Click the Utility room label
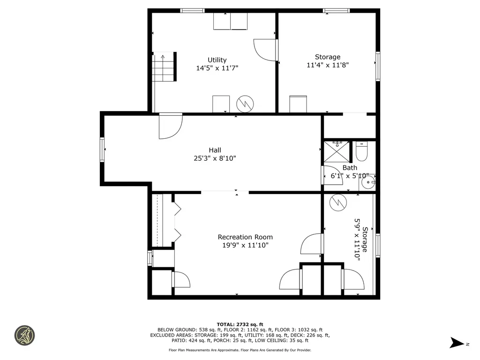[x=217, y=60]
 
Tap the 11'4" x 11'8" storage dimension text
[x=328, y=65]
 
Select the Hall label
[x=215, y=150]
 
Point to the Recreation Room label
[x=245, y=237]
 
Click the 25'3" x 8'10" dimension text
[x=215, y=158]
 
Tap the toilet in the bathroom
[x=361, y=151]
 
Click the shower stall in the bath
[x=337, y=151]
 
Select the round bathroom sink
[x=367, y=182]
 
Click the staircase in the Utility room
[x=164, y=67]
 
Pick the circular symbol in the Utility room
[x=245, y=104]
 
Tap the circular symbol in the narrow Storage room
[x=338, y=202]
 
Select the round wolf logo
[x=24, y=336]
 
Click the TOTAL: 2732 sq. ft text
[x=240, y=324]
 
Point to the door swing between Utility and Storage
[x=266, y=50]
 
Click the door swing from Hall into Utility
[x=171, y=126]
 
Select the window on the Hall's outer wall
[x=102, y=150]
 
